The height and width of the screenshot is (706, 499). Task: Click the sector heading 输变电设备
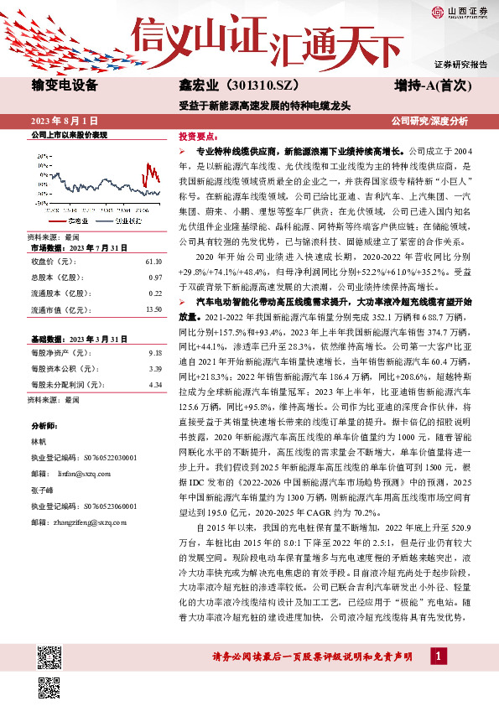pos(65,86)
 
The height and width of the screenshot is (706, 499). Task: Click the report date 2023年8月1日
pos(64,121)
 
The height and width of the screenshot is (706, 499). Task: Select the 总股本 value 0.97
pos(155,277)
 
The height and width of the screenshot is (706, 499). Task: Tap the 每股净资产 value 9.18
pos(155,353)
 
